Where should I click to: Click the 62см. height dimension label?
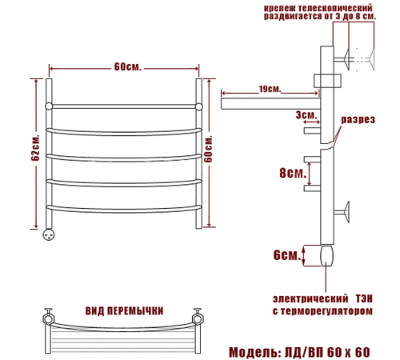click(35, 147)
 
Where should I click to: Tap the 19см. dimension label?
click(270, 89)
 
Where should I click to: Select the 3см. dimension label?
click(306, 115)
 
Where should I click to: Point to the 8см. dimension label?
click(293, 173)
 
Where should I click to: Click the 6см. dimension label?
click(287, 255)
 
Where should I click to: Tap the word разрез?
click(358, 119)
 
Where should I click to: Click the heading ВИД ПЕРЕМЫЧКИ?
click(124, 311)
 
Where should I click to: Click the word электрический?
click(310, 298)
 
